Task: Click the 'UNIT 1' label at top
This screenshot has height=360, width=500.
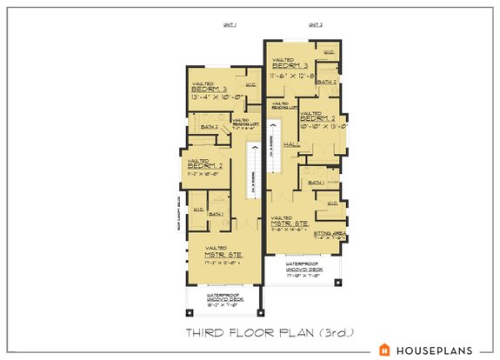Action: point(230,27)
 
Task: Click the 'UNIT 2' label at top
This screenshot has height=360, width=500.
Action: point(315,27)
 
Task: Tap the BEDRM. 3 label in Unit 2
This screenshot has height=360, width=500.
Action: point(290,66)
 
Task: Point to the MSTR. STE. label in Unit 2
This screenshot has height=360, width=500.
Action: point(290,223)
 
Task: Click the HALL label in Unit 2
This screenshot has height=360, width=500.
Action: point(291,144)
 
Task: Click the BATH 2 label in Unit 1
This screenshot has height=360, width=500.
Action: point(210,127)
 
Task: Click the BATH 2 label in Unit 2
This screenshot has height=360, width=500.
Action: point(326,81)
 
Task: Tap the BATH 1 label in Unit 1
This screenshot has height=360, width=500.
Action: point(217,214)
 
